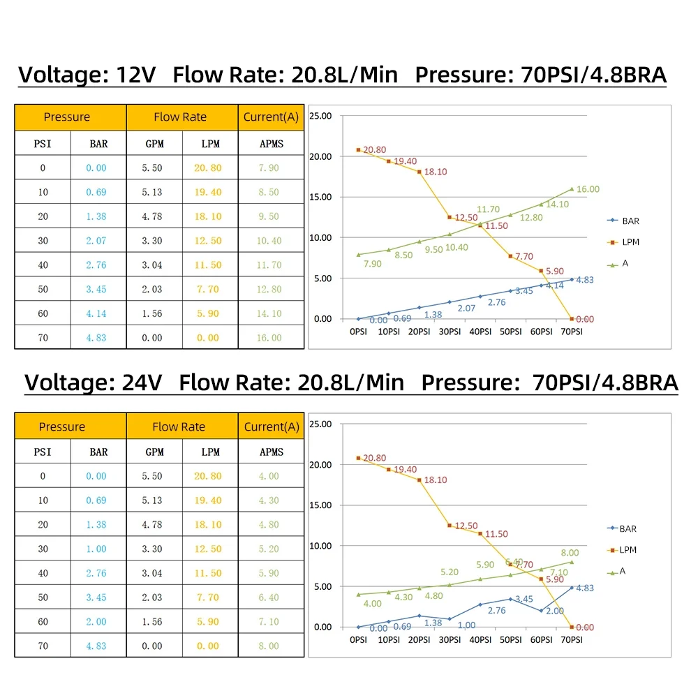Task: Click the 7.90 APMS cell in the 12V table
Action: [269, 168]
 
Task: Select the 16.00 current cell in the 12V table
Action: [269, 338]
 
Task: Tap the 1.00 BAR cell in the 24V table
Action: [96, 549]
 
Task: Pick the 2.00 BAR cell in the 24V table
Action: [96, 621]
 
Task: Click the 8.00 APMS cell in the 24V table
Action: [269, 646]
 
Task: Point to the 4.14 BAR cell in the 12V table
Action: [96, 313]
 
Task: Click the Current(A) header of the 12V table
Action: [271, 117]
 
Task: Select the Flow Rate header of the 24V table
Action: [179, 426]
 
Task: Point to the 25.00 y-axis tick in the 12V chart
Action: [321, 115]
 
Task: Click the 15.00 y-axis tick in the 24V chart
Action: [321, 505]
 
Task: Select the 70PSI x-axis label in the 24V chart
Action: [572, 639]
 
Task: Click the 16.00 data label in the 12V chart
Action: [588, 189]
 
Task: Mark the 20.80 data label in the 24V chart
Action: [374, 458]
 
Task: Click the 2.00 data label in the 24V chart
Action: [554, 611]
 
